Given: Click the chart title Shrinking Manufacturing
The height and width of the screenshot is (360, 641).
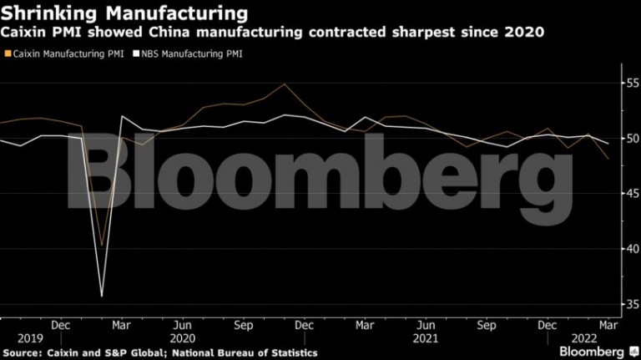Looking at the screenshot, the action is [x=124, y=13].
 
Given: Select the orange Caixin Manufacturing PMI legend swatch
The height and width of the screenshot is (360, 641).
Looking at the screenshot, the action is [x=8, y=53].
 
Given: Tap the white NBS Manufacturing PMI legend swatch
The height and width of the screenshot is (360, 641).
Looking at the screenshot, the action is [x=136, y=53].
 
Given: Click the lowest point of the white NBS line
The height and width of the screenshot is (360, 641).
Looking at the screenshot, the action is [x=102, y=297].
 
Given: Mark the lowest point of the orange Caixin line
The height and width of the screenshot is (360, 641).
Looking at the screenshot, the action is [x=102, y=246].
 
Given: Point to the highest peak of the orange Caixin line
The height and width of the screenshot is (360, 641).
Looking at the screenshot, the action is [x=284, y=84].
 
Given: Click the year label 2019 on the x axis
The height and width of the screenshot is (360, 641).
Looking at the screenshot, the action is [x=30, y=339].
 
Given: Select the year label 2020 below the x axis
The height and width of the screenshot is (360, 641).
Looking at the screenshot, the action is [x=182, y=339].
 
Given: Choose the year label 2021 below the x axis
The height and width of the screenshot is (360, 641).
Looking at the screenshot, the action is [x=425, y=339].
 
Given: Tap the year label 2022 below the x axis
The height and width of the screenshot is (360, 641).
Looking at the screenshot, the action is [x=584, y=339].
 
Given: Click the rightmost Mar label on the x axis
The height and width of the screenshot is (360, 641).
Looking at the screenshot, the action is [x=608, y=325].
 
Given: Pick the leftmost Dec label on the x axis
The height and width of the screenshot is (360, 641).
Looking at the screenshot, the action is [x=60, y=325].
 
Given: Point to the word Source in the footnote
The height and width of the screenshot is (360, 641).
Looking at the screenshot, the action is [x=21, y=353].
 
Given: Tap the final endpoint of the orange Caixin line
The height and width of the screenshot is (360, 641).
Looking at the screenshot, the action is [x=608, y=159].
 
